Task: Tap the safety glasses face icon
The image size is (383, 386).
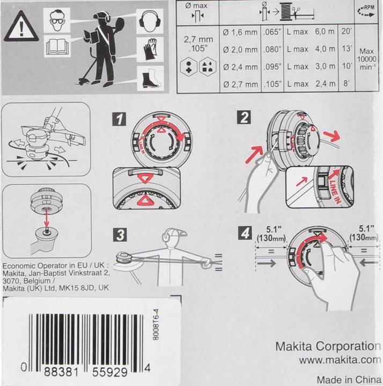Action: click(57, 20)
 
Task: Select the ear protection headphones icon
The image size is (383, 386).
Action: click(150, 21)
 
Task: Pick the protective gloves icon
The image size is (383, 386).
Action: click(150, 49)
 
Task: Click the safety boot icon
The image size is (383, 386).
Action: click(151, 78)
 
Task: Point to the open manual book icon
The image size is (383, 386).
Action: click(57, 46)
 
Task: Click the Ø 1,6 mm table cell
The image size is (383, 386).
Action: click(240, 32)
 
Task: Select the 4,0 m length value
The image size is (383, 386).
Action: click(325, 49)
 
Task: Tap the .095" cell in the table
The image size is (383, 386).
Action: click(272, 66)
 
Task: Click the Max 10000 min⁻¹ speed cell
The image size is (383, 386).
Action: click(366, 59)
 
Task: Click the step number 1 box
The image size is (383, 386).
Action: click(119, 119)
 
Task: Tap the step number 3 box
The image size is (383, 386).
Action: click(120, 235)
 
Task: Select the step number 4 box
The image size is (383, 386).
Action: click(245, 233)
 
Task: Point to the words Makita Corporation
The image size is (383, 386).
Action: click(328, 346)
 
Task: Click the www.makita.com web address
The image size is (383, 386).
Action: click(340, 360)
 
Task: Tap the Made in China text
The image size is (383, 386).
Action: click(349, 379)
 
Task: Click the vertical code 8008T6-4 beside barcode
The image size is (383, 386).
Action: click(156, 324)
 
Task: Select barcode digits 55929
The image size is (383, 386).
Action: click(110, 372)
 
